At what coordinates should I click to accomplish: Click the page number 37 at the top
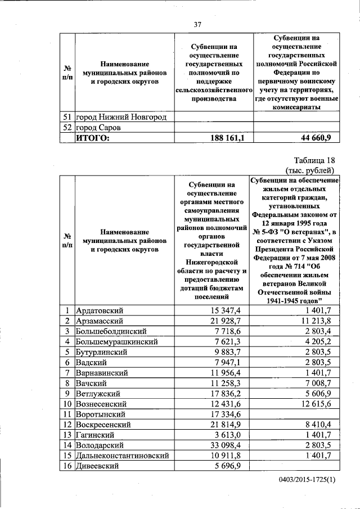[x=197, y=24]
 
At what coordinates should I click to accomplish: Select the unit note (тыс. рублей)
[x=310, y=170]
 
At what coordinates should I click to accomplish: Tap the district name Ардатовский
[x=100, y=310]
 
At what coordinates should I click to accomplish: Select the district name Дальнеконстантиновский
[x=121, y=454]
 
